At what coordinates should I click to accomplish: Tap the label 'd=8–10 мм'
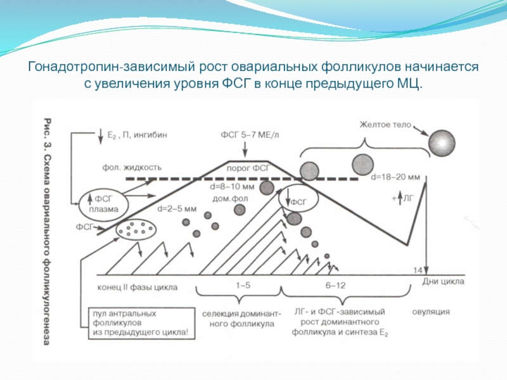(232, 187)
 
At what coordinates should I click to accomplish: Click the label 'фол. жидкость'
(132, 168)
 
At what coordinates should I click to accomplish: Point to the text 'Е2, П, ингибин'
(137, 135)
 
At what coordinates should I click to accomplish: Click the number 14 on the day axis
(418, 270)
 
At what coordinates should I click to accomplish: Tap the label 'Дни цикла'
(443, 281)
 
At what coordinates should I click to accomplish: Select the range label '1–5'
(243, 286)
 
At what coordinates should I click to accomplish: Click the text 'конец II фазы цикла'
(137, 287)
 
